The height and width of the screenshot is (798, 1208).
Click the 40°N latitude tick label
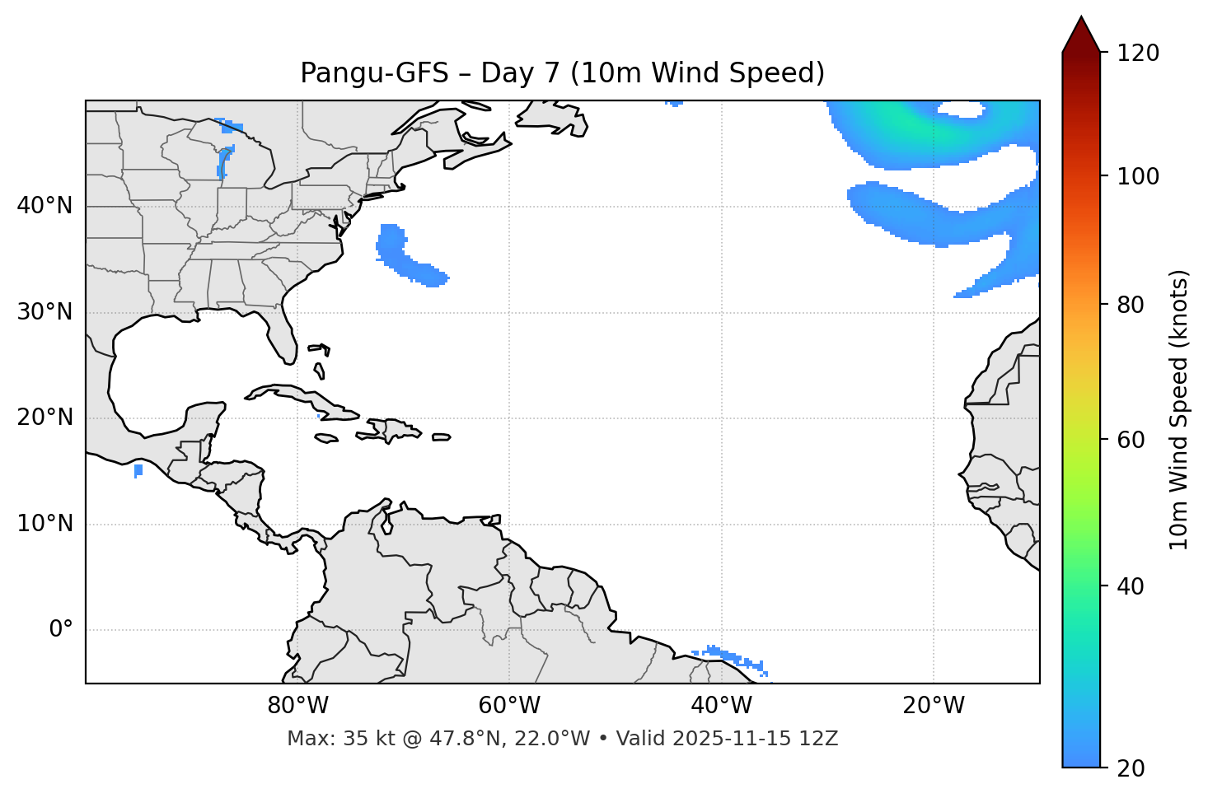pos(44,206)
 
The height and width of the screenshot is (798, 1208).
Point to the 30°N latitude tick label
pos(44,312)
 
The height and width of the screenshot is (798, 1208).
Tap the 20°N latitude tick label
pos(44,418)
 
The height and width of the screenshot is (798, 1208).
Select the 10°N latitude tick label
pos(44,524)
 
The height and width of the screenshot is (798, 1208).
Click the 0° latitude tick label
pos(61,630)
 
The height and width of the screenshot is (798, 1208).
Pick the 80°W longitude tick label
pos(297,706)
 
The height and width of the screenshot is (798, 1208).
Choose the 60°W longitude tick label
pos(509,706)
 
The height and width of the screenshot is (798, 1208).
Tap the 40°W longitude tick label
pos(721,706)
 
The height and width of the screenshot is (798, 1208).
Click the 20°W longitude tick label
pos(934,706)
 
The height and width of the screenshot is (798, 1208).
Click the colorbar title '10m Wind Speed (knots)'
pos(1179,409)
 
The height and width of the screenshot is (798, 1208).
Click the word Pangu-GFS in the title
pos(374,73)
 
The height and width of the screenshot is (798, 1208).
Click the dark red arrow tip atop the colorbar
pos(1081,33)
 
